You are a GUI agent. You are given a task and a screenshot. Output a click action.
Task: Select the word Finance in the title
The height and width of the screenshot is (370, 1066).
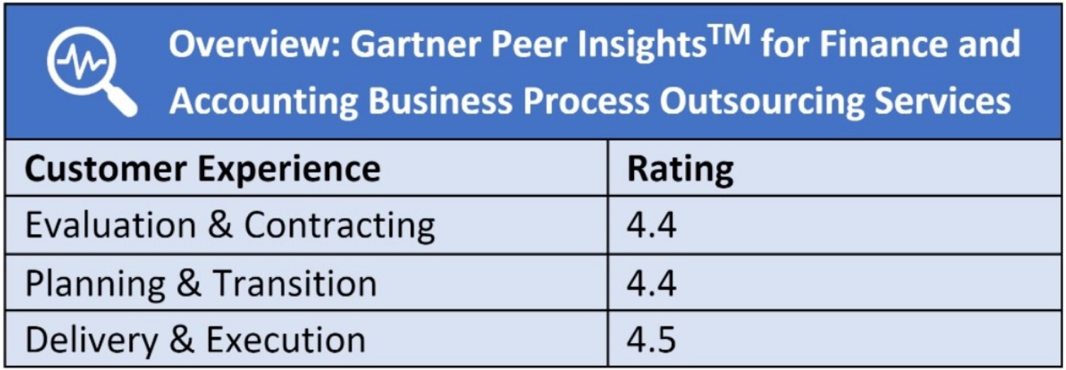pyautogui.click(x=890, y=45)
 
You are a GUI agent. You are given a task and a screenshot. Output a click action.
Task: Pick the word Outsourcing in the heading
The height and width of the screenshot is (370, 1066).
pyautogui.click(x=762, y=101)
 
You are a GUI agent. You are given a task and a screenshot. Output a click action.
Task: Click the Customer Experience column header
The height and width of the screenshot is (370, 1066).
pyautogui.click(x=203, y=169)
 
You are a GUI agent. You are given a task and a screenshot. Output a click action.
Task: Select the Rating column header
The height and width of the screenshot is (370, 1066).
pyautogui.click(x=680, y=169)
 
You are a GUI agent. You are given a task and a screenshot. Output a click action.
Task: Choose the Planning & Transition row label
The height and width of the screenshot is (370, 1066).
pyautogui.click(x=200, y=284)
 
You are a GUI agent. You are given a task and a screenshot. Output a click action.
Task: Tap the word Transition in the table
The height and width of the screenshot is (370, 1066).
pyautogui.click(x=295, y=284)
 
